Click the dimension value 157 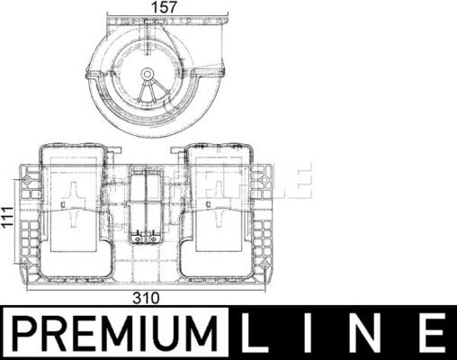click(x=165, y=7)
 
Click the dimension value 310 click(x=147, y=298)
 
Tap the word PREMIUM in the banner click(x=116, y=333)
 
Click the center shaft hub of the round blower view click(x=147, y=73)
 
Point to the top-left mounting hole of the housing click(x=27, y=180)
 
